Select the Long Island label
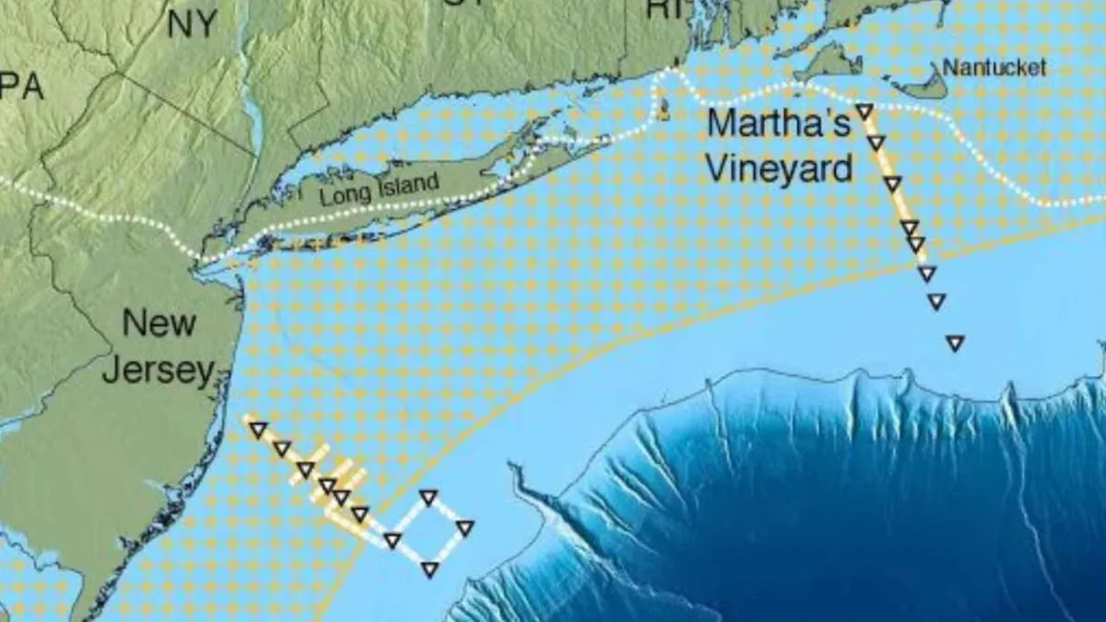click(379, 189)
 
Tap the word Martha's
click(779, 124)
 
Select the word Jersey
click(158, 370)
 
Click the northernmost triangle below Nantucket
click(865, 111)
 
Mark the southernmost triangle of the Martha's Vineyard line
click(955, 343)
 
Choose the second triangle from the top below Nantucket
click(876, 143)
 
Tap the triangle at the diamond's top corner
click(428, 498)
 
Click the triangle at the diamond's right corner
click(465, 528)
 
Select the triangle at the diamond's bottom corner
click(429, 569)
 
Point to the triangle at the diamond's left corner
click(393, 540)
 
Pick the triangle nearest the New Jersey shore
click(259, 429)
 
